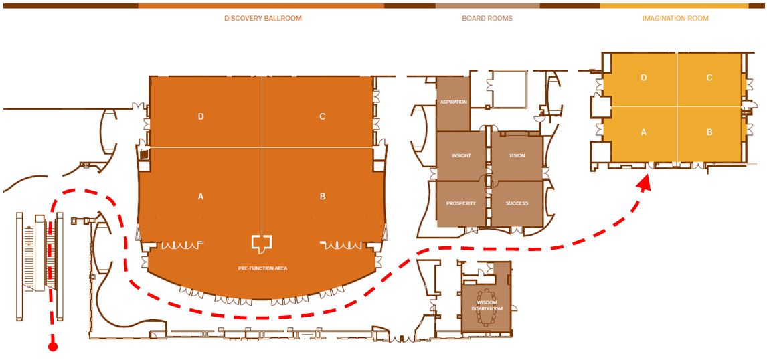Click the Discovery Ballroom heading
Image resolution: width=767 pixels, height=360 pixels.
(263, 19)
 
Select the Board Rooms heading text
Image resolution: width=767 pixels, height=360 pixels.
(487, 19)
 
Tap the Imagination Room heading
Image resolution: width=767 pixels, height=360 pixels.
(675, 19)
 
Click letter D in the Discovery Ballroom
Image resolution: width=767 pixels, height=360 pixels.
(201, 116)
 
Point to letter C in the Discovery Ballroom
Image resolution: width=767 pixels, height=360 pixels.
(323, 116)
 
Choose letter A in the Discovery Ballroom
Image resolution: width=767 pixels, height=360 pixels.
(201, 197)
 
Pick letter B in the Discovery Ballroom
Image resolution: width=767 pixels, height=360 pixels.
(323, 197)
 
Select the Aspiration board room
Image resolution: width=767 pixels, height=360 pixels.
(453, 102)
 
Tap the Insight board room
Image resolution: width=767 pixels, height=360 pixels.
(461, 156)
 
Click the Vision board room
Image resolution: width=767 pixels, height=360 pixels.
(517, 156)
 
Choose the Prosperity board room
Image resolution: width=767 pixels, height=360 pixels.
(461, 203)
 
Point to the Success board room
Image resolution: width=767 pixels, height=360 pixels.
(517, 203)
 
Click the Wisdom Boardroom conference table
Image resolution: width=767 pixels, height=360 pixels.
(487, 306)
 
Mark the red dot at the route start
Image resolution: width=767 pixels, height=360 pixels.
(52, 347)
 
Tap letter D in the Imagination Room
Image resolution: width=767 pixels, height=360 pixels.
(644, 78)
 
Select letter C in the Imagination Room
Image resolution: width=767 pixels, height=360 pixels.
(709, 78)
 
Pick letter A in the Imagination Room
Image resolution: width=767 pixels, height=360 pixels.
(644, 132)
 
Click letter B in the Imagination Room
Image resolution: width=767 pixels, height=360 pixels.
(709, 132)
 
